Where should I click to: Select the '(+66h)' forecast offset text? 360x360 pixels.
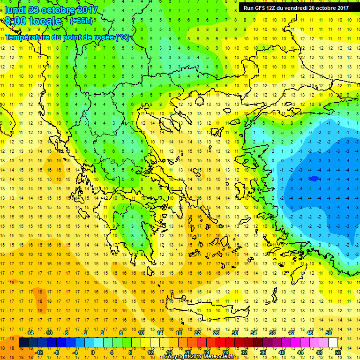point(81,21)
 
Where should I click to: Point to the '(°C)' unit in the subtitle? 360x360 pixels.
point(123,37)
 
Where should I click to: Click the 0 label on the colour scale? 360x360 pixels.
point(92,352)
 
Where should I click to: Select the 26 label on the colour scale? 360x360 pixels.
point(216,333)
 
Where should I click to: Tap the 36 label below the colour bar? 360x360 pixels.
point(263,352)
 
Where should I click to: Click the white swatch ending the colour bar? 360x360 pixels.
point(333,343)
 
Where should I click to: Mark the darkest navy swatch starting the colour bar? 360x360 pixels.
point(23,343)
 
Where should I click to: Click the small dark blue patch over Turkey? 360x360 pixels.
point(314,178)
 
